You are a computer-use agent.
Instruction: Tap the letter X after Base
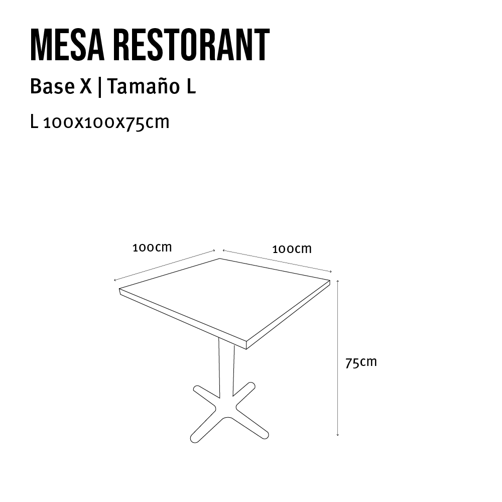(x=86, y=87)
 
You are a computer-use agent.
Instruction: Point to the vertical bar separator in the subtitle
(x=100, y=87)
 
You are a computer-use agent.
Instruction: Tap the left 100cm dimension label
(x=152, y=247)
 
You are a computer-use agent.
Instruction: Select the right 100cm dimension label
(x=292, y=248)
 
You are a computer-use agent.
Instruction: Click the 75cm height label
(x=360, y=362)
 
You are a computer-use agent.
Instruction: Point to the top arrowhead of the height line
(x=338, y=281)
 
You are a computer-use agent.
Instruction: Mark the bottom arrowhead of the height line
(x=338, y=434)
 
